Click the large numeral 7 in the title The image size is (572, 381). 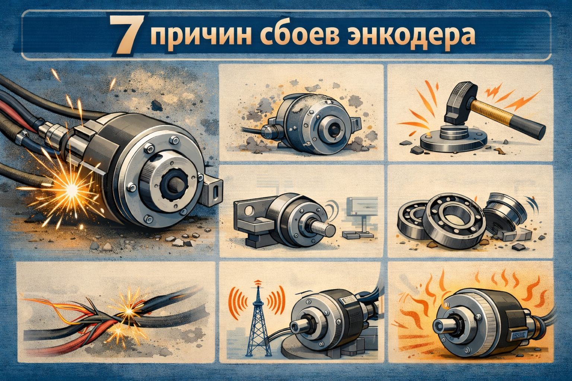tap(125, 35)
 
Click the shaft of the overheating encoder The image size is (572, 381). tap(445, 325)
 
